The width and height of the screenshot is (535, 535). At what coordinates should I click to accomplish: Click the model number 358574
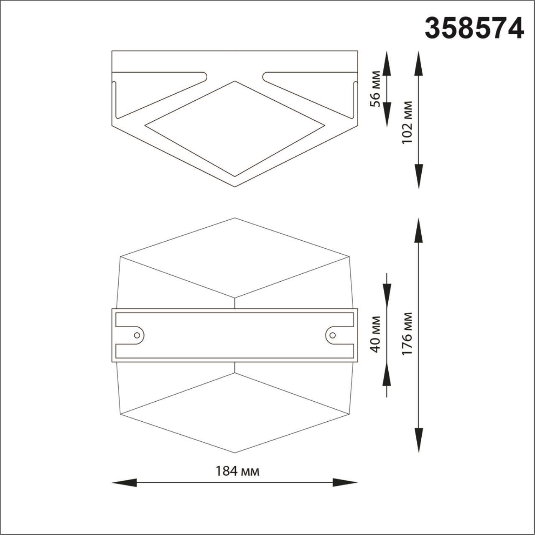tap(474, 29)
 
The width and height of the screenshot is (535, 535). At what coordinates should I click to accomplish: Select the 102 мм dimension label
tap(407, 122)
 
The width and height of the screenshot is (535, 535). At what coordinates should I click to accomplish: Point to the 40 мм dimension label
tap(376, 334)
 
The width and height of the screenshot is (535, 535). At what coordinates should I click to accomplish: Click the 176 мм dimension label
tap(407, 334)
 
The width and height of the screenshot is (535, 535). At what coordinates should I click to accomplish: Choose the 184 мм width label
tap(237, 471)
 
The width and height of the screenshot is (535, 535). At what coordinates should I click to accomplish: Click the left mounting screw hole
tap(137, 335)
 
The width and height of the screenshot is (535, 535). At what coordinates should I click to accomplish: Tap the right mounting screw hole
tap(333, 335)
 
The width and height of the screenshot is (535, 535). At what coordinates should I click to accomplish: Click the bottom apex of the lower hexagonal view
tap(235, 452)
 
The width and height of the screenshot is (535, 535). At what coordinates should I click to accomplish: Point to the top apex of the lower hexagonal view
tap(235, 218)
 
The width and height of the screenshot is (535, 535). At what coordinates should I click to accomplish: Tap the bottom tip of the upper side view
tap(235, 186)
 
